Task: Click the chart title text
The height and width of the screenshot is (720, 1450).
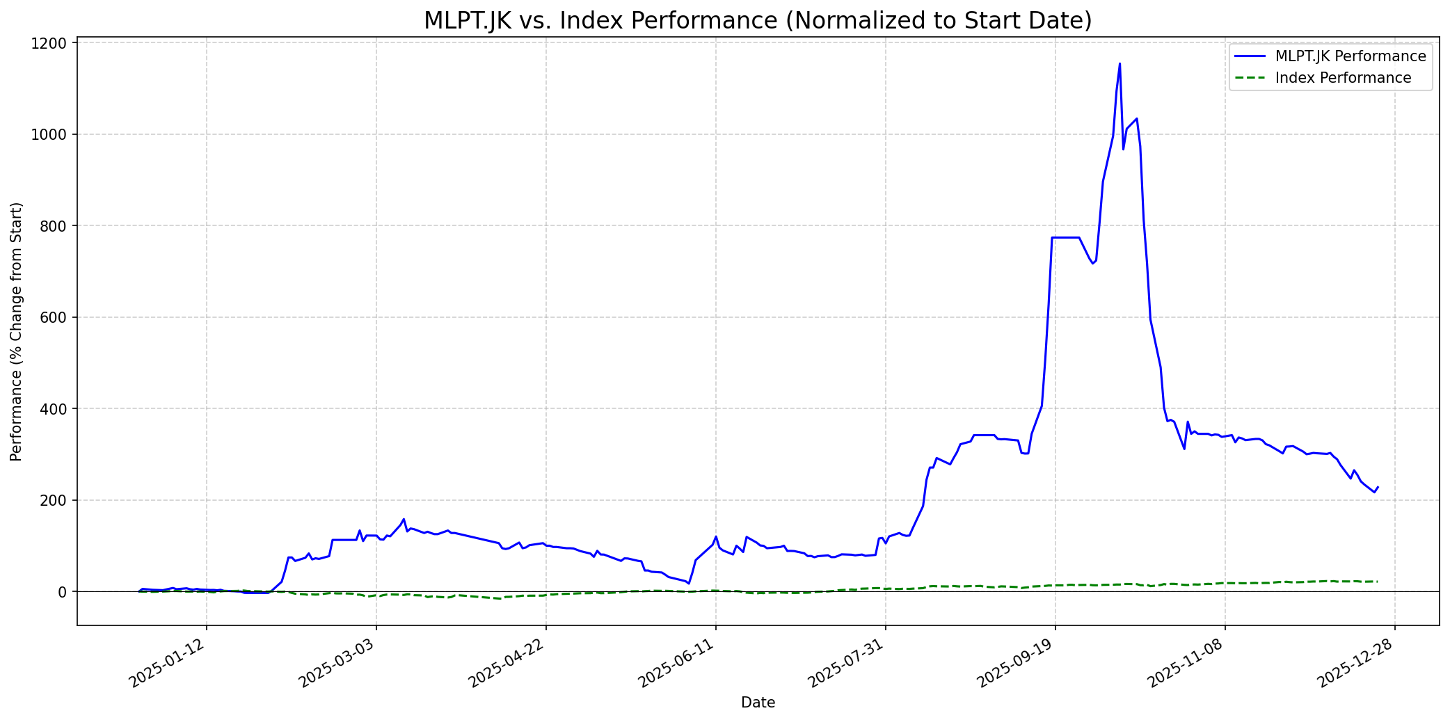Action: [x=758, y=21]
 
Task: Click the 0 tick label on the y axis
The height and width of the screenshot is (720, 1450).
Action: [x=63, y=592]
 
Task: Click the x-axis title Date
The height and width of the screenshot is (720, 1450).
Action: [x=758, y=703]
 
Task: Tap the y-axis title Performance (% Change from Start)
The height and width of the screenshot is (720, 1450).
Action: [x=17, y=331]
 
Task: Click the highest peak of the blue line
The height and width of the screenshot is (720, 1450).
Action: [x=1120, y=64]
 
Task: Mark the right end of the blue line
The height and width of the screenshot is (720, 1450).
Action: [x=1378, y=487]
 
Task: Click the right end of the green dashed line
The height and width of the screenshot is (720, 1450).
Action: [x=1378, y=582]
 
